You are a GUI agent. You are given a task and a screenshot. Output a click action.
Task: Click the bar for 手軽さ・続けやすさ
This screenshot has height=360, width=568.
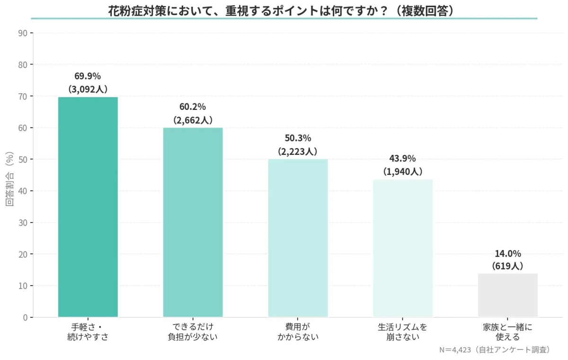[x=88, y=207]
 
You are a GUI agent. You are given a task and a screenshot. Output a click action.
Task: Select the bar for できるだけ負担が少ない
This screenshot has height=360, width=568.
[x=193, y=222]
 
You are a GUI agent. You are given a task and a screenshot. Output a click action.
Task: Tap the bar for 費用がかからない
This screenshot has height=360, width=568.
[x=298, y=238]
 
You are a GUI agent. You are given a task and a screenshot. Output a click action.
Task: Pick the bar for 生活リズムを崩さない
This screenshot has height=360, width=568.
[x=403, y=248]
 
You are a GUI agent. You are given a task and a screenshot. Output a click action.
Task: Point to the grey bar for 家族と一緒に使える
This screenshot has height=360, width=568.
[x=507, y=295]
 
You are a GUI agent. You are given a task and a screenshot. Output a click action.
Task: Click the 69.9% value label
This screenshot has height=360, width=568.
[x=88, y=76]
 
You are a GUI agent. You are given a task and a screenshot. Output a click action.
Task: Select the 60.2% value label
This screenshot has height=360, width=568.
[x=193, y=107]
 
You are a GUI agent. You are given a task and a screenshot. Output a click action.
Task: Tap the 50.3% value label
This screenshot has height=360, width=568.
[x=298, y=138]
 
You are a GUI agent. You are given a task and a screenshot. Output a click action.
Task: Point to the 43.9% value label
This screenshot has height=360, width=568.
[x=403, y=159]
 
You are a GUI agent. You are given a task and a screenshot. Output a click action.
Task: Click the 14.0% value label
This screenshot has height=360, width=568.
[x=507, y=253]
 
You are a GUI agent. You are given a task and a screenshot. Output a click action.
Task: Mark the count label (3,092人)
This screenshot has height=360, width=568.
[x=88, y=89]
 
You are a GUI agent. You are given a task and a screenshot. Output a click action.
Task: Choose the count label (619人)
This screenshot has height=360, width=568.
[x=507, y=266]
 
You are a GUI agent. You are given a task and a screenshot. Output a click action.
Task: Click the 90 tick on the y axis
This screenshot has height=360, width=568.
[x=23, y=33]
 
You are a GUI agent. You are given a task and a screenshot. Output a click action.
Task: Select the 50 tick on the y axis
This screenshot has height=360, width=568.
[x=23, y=160]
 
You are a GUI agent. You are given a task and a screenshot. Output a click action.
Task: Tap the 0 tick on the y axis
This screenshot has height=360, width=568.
[x=25, y=317]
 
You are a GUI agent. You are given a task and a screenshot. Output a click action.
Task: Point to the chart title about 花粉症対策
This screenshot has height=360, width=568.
[x=284, y=10]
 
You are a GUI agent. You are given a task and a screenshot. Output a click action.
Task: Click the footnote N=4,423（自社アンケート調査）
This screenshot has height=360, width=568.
[x=495, y=350]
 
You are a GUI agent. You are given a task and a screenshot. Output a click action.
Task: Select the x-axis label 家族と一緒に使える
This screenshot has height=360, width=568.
[x=507, y=332]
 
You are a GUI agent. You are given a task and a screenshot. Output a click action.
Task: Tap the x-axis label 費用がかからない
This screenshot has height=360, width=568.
[x=298, y=332]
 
